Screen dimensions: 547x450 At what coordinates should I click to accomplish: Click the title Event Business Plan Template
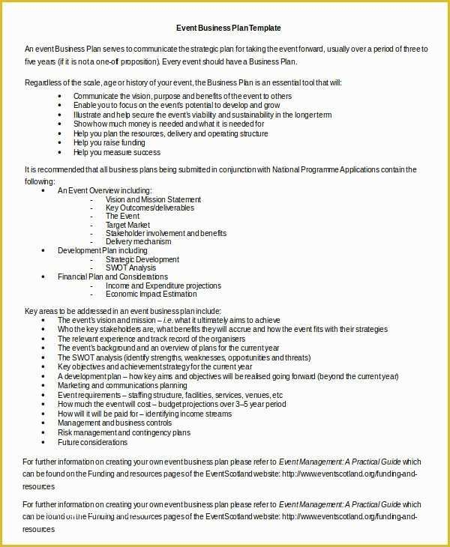(x=228, y=28)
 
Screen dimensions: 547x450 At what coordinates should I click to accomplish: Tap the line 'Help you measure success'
(x=117, y=152)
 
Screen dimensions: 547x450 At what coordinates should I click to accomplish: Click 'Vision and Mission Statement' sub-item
(x=153, y=200)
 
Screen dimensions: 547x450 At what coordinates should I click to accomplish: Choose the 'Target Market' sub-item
(x=127, y=225)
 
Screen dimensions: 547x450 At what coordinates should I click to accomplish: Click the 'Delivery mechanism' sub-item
(x=138, y=242)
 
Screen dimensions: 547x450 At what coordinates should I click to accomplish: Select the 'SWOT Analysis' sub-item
(x=130, y=268)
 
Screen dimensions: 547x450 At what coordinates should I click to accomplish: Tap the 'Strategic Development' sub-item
(x=142, y=259)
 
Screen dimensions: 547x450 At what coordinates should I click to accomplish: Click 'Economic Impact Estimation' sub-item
(x=151, y=294)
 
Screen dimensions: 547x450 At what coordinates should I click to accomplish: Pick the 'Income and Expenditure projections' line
(x=163, y=285)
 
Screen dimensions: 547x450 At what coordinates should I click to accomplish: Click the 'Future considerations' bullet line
(x=92, y=442)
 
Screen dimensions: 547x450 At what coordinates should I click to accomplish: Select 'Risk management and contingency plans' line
(x=124, y=432)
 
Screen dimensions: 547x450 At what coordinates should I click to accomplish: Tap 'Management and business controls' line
(x=115, y=423)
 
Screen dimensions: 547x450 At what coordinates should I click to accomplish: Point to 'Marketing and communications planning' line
(x=122, y=385)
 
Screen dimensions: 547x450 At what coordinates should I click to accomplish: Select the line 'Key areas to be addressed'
(x=123, y=310)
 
